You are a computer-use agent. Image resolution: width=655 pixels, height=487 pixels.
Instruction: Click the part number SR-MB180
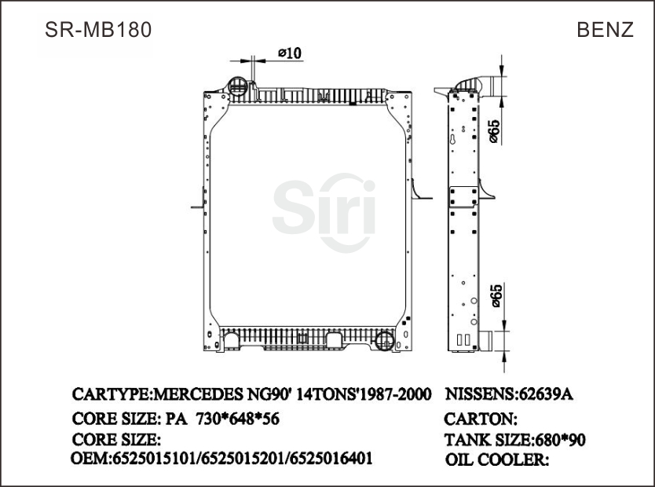(x=98, y=30)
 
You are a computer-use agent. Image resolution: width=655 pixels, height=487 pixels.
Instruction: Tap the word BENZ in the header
(x=605, y=30)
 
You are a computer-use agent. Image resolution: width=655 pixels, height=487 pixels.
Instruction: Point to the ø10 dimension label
(x=290, y=53)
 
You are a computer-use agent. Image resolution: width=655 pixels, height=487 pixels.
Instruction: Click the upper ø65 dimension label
(x=494, y=130)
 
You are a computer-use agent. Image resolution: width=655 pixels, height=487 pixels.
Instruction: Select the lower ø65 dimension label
(x=496, y=298)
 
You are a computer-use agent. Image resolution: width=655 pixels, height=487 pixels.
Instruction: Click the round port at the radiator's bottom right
(x=385, y=341)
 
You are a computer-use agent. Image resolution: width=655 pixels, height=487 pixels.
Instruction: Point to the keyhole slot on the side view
(x=453, y=139)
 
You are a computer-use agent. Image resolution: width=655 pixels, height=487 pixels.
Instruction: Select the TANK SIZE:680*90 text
(x=514, y=439)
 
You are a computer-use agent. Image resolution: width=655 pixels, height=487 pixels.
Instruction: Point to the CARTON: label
(x=481, y=419)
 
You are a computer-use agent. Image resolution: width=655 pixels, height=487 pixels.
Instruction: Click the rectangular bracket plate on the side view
(x=463, y=196)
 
